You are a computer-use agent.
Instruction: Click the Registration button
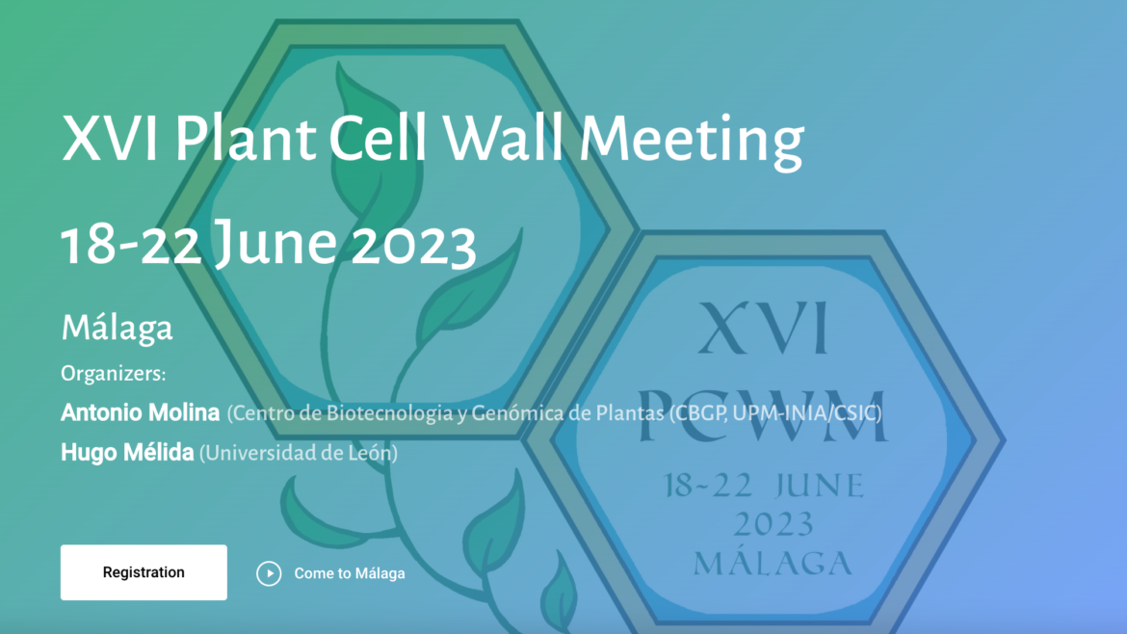[144, 572]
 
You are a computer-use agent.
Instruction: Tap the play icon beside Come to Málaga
[269, 573]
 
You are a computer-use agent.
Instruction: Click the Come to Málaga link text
[350, 573]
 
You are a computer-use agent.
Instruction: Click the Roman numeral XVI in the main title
[110, 138]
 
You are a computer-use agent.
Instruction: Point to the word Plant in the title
[245, 138]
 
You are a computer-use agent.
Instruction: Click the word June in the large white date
[275, 244]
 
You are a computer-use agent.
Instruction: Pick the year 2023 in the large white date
[413, 245]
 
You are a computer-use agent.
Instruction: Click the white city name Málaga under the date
[117, 329]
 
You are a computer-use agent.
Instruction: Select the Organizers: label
[114, 374]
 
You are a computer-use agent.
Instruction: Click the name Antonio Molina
[141, 412]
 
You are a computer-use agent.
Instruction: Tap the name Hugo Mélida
[127, 453]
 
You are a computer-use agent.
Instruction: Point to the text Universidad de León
[299, 453]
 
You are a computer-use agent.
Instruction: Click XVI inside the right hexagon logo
[763, 328]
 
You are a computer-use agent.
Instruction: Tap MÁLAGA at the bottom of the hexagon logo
[773, 563]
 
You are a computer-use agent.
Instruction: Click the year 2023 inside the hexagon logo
[773, 523]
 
